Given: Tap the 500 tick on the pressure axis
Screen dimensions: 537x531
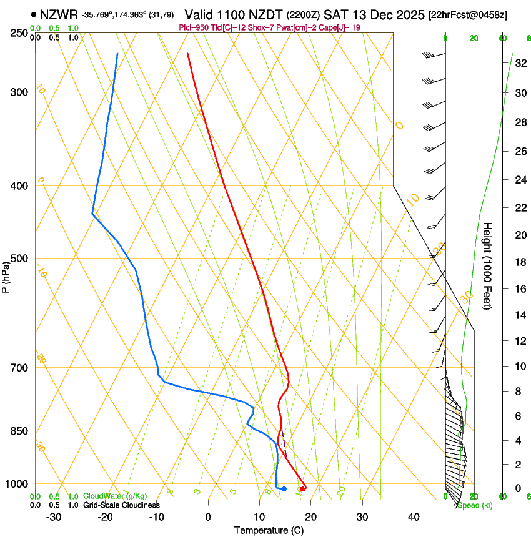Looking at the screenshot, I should [x=19, y=259].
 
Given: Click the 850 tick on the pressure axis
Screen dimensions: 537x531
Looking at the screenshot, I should [x=19, y=431].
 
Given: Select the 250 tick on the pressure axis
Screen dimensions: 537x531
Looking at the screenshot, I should [x=19, y=33].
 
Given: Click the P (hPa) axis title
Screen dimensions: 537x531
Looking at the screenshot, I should [x=6, y=275].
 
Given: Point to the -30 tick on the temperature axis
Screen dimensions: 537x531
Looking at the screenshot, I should [x=53, y=516].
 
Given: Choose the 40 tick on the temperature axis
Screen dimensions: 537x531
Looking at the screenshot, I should [x=414, y=516].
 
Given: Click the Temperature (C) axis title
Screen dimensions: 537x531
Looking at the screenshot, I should [x=269, y=530].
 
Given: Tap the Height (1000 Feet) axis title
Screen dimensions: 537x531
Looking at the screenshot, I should [x=488, y=265].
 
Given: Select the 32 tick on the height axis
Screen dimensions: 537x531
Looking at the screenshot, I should [x=520, y=62].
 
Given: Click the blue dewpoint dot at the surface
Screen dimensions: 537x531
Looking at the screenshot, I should [x=284, y=489].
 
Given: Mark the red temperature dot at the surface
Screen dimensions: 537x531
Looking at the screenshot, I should [x=303, y=488].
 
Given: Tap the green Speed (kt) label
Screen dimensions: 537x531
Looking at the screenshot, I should [x=474, y=505].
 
